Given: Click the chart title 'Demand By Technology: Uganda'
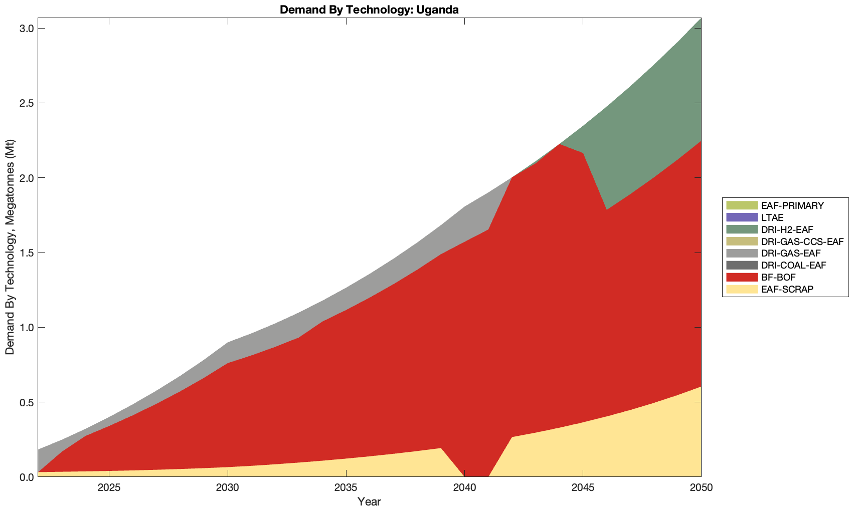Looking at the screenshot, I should pos(369,10).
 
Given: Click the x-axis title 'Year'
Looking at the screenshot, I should pos(369,501).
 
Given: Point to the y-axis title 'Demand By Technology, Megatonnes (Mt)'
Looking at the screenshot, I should pos(10,247).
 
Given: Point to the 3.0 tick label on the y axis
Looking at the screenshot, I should pos(27,29).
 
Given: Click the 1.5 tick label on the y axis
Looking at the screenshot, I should pos(27,253).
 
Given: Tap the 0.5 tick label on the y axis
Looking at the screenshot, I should pos(27,402).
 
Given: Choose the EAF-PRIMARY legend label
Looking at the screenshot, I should pos(792,205).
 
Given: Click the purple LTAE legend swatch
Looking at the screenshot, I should pos(741,217).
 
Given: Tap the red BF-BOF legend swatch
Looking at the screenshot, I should pos(741,277).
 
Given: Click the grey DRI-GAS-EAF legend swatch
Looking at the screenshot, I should pos(741,253).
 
